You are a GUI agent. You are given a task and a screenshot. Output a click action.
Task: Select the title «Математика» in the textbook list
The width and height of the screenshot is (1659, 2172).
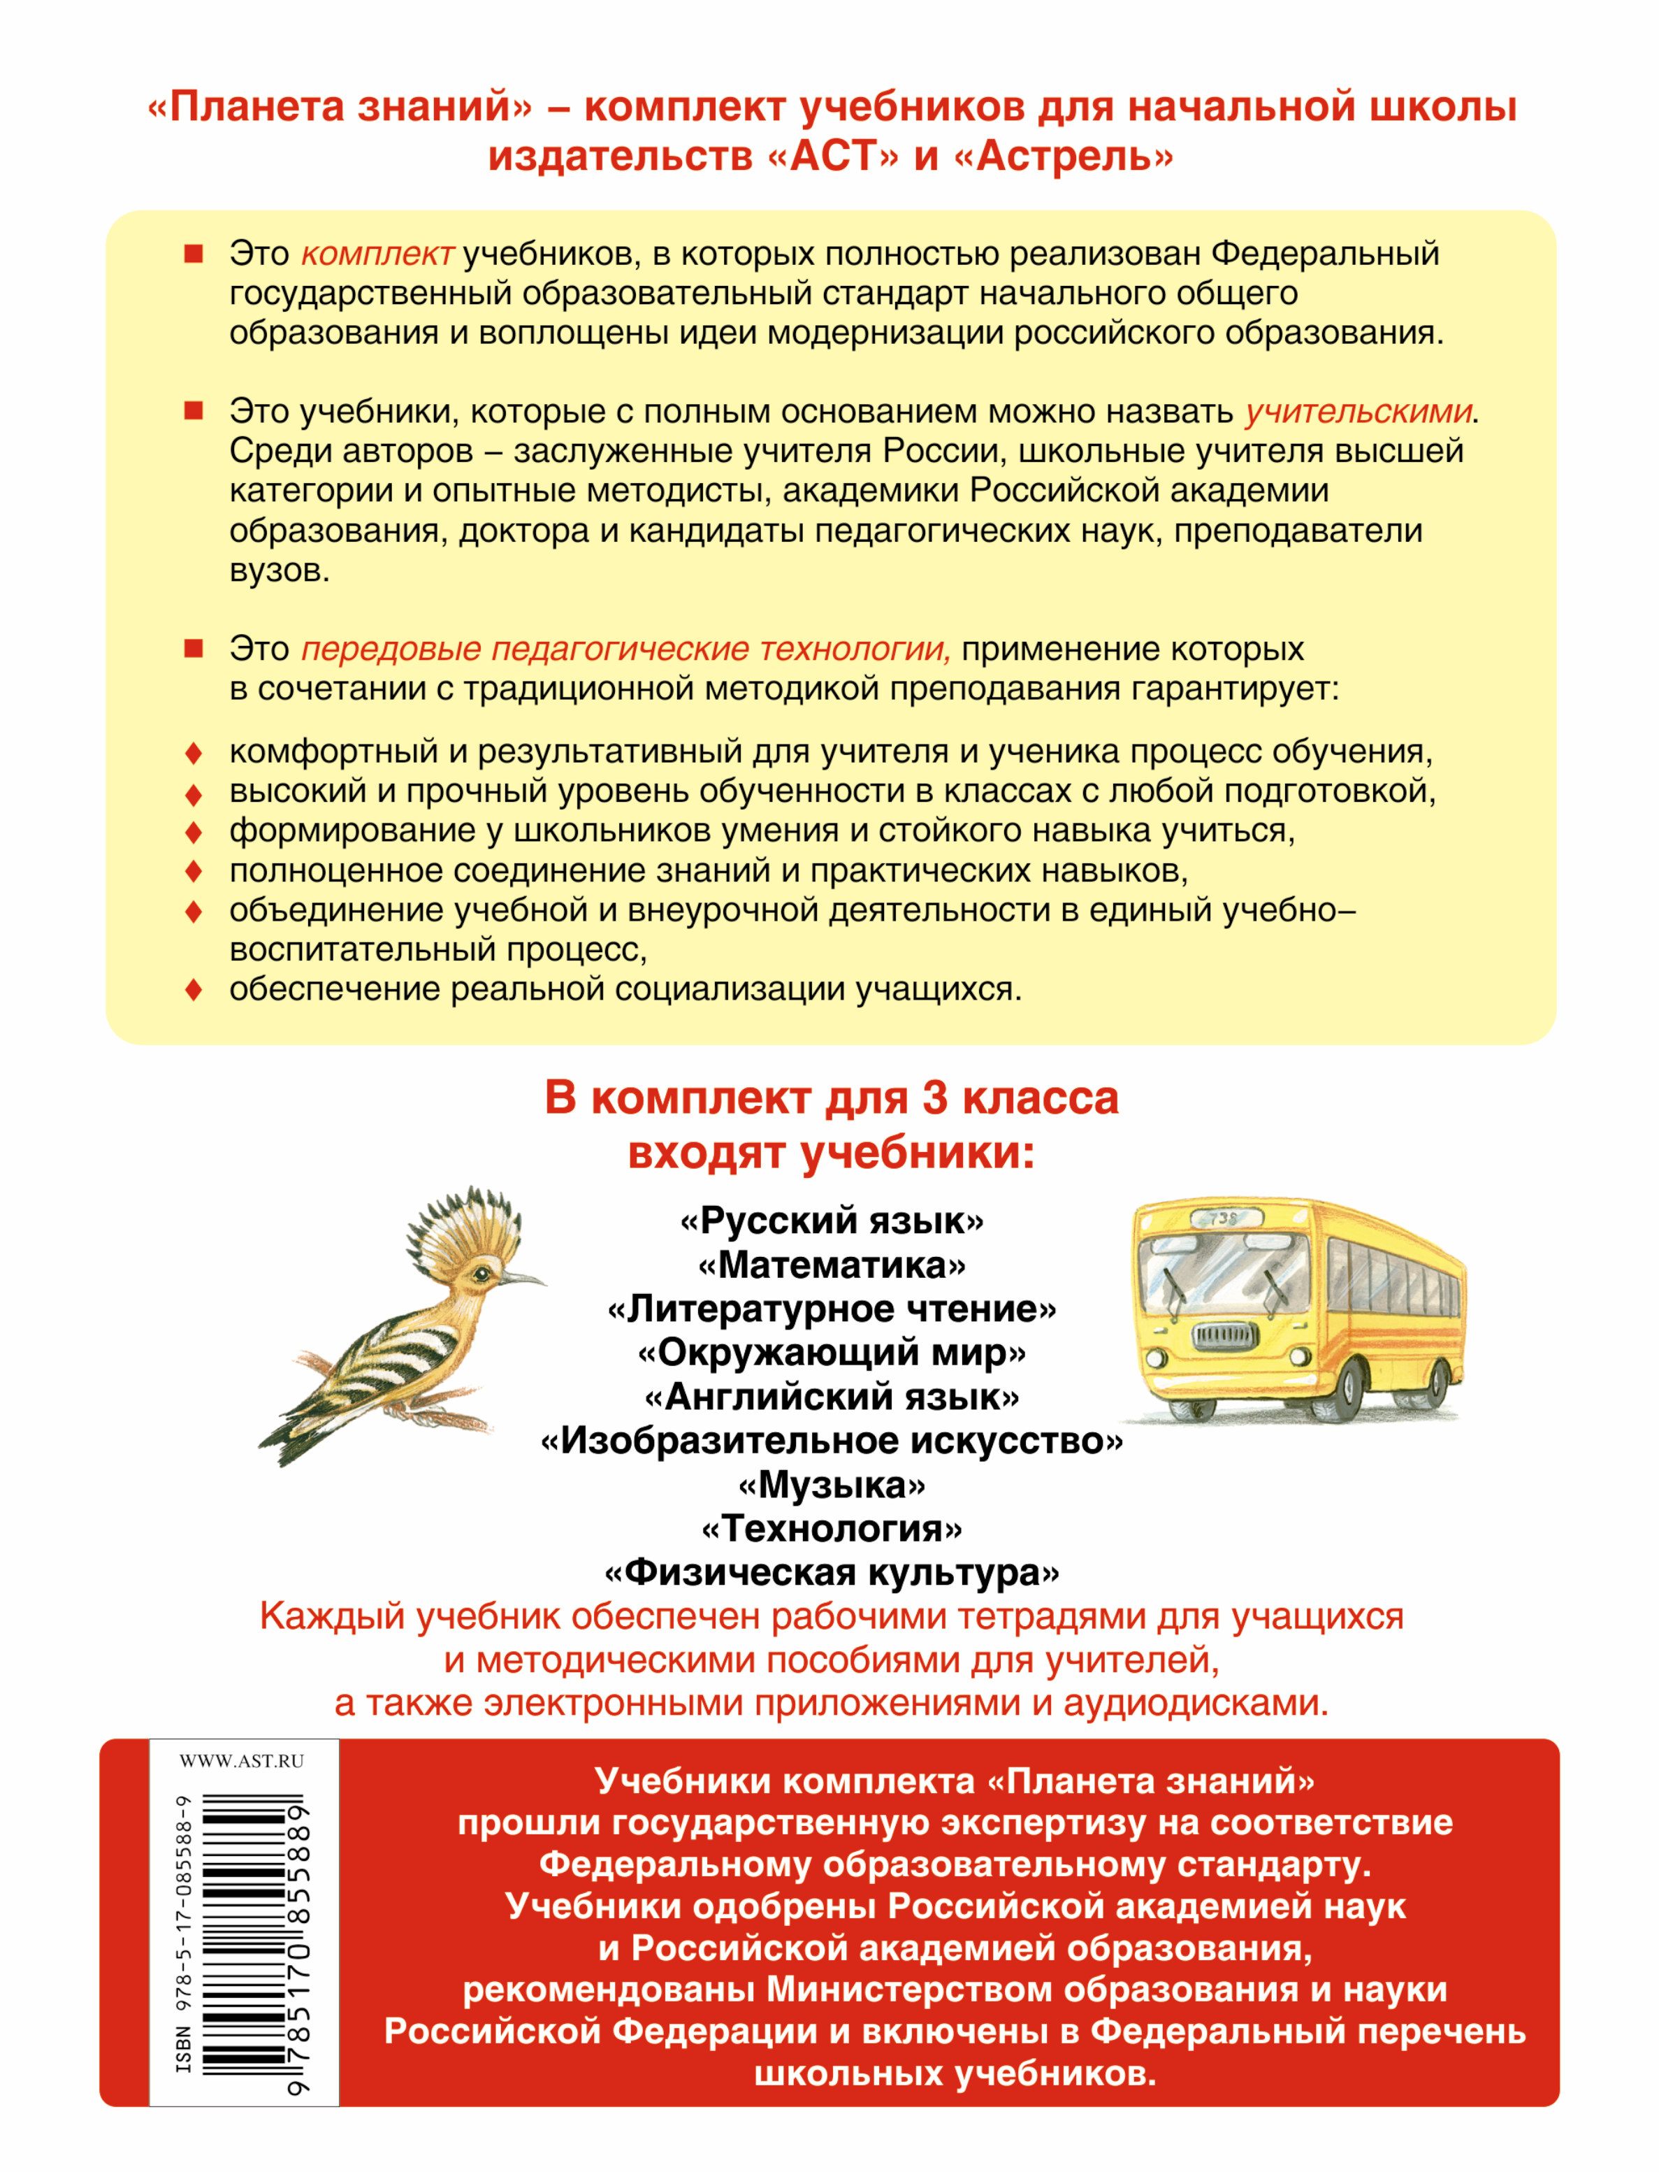tap(832, 1265)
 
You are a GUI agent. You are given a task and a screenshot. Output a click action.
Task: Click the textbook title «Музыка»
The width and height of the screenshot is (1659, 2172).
tap(832, 1485)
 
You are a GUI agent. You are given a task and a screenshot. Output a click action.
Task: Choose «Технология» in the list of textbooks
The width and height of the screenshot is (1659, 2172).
tap(832, 1528)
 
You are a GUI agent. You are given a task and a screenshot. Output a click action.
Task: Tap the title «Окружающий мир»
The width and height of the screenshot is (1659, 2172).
tap(832, 1352)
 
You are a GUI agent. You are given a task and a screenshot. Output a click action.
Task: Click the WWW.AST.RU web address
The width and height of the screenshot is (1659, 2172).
tap(242, 1761)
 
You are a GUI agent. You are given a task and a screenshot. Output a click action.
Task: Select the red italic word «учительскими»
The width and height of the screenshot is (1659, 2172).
tap(1358, 411)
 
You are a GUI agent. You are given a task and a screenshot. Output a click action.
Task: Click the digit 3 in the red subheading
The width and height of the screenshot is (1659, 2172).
tap(934, 1098)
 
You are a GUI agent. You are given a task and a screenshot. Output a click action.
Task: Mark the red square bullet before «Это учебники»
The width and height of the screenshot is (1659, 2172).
tap(194, 411)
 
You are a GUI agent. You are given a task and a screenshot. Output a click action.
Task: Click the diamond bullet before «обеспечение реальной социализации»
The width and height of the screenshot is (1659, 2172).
tap(194, 988)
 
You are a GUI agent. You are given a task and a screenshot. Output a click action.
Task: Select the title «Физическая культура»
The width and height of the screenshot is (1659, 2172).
tap(832, 1572)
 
